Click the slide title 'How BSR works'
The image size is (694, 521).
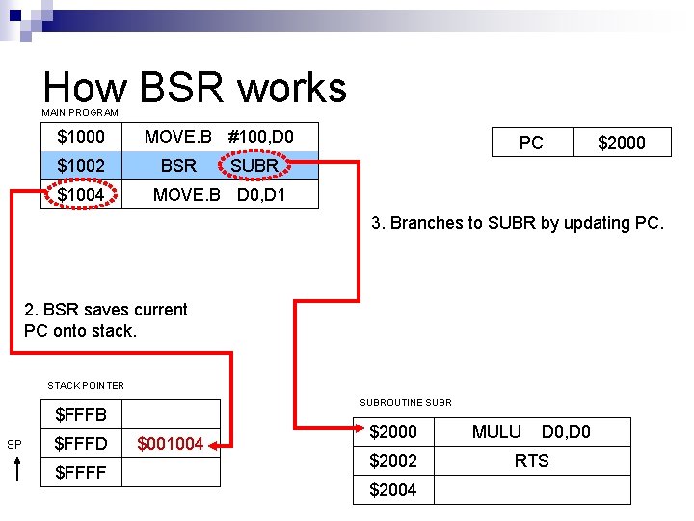pos(194,87)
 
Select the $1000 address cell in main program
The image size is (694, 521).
pos(81,138)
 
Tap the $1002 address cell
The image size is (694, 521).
pos(81,166)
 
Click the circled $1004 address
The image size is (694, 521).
pos(81,195)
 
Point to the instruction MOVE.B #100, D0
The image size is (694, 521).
pos(219,138)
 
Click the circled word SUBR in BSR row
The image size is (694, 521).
pos(254,166)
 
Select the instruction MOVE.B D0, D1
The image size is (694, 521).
pos(220,195)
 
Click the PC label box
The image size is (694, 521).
pos(531,143)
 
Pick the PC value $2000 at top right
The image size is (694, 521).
pos(622,143)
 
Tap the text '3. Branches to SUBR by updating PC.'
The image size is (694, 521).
pos(518,224)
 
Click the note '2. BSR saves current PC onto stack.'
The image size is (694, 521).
pos(106,319)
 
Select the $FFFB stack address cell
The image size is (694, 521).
pos(81,415)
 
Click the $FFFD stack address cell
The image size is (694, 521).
pos(81,444)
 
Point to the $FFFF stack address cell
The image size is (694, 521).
pos(81,473)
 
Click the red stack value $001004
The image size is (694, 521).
pos(171,444)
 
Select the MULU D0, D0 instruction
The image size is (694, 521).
pos(531,432)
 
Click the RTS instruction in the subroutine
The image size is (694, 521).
pos(531,461)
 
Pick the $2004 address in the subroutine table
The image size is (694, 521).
pos(393,490)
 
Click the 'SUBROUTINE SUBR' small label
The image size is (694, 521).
pos(405,402)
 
